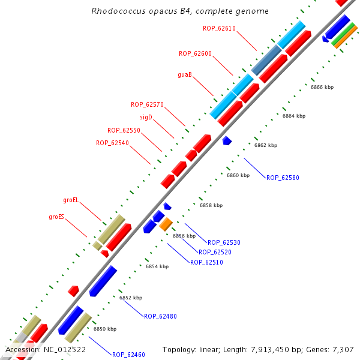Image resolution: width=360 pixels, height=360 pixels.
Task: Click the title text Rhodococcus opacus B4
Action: point(180,11)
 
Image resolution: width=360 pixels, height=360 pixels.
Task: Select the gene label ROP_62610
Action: point(219,28)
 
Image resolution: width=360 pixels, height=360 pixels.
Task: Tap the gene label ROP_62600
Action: point(195,53)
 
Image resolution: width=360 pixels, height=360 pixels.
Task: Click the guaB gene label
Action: point(185,75)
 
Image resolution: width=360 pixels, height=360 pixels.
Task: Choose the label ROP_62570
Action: point(147,104)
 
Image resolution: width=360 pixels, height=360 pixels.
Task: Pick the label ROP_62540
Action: point(112,143)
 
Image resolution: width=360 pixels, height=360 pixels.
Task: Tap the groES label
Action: point(56,217)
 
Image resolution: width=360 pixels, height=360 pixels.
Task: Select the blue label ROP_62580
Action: point(283,178)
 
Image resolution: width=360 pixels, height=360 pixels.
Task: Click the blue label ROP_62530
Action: point(224,242)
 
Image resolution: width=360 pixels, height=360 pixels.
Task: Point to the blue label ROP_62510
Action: point(206,262)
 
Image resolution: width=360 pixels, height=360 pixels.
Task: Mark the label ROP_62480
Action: point(160,316)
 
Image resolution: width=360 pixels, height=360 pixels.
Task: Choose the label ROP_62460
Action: point(128,355)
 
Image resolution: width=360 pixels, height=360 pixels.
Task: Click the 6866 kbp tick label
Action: point(322,87)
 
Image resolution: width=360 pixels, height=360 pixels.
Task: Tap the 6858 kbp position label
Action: point(211,205)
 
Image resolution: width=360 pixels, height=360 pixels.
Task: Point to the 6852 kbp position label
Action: point(131,298)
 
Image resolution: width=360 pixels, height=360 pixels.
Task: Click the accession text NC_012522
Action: point(46,349)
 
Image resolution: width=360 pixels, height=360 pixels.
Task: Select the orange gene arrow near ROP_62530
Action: point(166,224)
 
